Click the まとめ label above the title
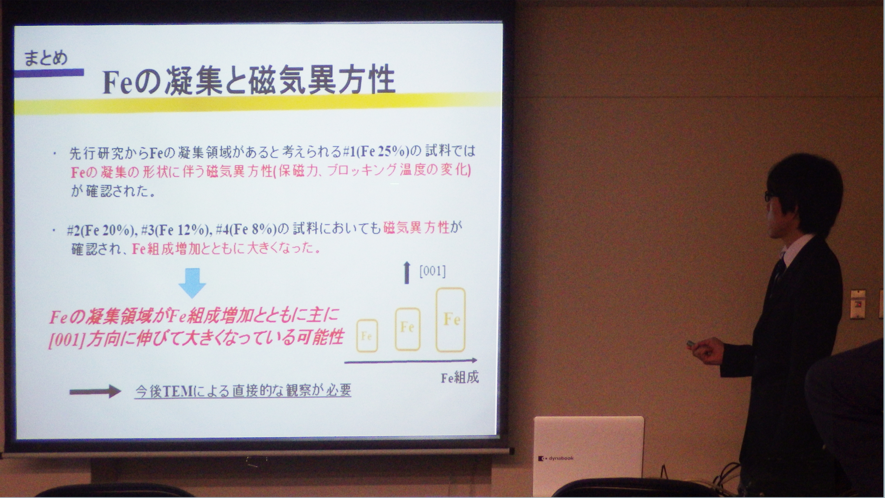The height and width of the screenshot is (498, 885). tap(45, 58)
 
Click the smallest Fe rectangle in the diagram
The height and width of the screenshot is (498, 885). tap(367, 336)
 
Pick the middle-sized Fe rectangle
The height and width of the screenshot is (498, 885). tap(408, 329)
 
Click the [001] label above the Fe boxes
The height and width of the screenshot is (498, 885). tap(433, 271)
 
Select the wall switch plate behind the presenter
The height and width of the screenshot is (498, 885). tap(858, 304)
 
